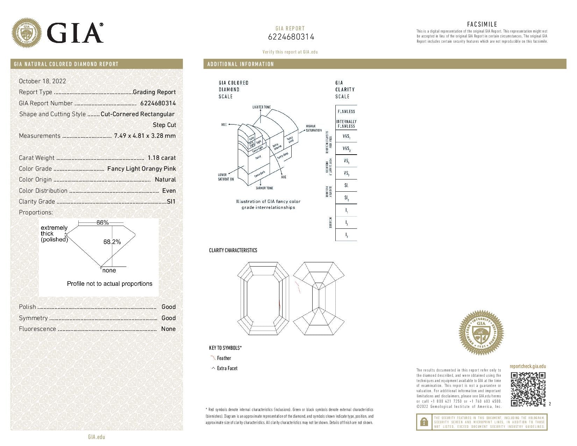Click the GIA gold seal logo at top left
(27, 33)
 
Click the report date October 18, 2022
(42, 81)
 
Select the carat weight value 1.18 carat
(162, 158)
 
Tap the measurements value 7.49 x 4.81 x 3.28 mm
(145, 136)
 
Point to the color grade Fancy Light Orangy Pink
(141, 169)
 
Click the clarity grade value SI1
(171, 201)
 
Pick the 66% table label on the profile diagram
(102, 222)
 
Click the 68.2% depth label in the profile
(112, 242)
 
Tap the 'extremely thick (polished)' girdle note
(54, 234)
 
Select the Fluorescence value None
(168, 329)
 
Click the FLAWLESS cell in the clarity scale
(346, 112)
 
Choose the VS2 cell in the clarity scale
(346, 174)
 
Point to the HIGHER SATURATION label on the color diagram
(313, 128)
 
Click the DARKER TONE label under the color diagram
(264, 188)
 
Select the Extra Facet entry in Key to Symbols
(227, 368)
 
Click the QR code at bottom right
(528, 389)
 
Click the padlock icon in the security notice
(423, 422)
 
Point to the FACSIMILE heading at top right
(482, 24)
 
